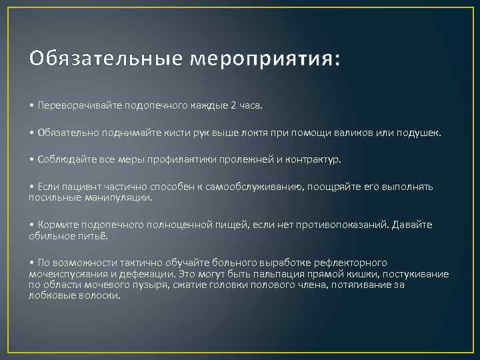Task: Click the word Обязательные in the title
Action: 105,59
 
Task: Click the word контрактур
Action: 314,160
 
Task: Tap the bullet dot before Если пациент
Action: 31,187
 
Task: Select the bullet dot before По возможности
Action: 31,263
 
